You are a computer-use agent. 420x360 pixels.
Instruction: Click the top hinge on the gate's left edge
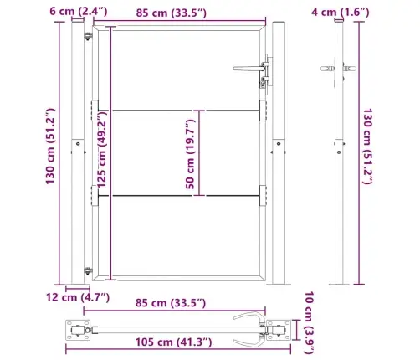click(x=88, y=38)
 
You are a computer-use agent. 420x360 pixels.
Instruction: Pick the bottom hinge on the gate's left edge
click(x=88, y=269)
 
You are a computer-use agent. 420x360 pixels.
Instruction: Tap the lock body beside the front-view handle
click(x=267, y=71)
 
